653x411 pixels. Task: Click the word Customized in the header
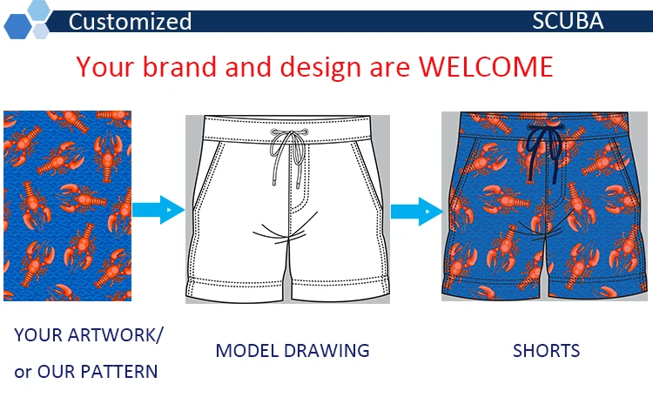130,22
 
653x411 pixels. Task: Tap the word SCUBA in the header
568,21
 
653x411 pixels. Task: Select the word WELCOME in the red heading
486,67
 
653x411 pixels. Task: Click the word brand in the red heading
179,67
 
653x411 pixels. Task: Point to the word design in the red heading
320,68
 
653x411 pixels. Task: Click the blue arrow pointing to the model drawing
158,210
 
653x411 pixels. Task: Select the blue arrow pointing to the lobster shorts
416,212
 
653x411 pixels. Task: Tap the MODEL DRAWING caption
293,351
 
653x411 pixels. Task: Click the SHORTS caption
546,351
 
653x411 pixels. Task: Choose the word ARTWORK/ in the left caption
115,335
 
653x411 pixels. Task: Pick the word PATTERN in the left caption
121,372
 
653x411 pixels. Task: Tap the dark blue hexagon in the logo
17,26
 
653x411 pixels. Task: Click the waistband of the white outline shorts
287,129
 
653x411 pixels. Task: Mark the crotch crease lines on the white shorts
284,230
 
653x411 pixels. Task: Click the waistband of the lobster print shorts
544,124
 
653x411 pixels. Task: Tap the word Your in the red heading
105,67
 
